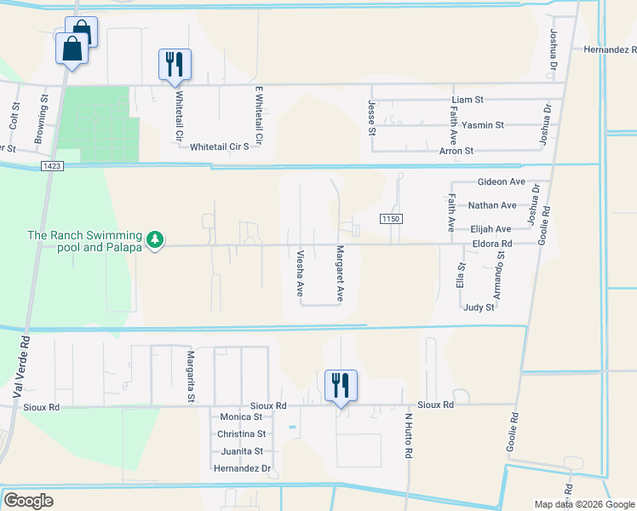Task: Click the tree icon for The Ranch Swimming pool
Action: (x=154, y=240)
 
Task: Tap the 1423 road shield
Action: (x=50, y=167)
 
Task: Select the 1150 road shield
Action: (x=391, y=219)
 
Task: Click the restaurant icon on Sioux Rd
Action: (x=341, y=386)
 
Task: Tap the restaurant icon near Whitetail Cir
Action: (x=175, y=65)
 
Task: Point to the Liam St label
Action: (x=467, y=100)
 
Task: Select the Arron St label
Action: (x=456, y=151)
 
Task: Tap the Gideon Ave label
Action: (x=502, y=182)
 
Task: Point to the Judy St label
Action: (x=479, y=307)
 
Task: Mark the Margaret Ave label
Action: (x=340, y=274)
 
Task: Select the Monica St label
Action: (x=241, y=417)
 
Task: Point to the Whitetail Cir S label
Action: (x=219, y=146)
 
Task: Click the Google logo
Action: (x=28, y=501)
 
